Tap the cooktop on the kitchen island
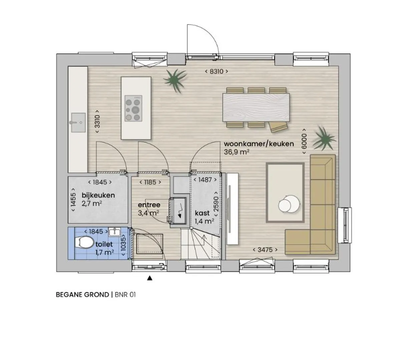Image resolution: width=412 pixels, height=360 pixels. (x=133, y=108)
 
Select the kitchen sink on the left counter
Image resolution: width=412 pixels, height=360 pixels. (x=78, y=123)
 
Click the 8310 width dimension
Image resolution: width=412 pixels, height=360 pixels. (x=217, y=71)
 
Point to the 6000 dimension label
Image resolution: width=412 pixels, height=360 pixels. (x=304, y=141)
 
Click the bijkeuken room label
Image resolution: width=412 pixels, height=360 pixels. (x=98, y=195)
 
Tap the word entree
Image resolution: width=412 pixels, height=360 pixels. (x=149, y=205)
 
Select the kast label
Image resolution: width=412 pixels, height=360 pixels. (x=202, y=213)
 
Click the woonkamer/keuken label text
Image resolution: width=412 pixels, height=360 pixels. (x=259, y=144)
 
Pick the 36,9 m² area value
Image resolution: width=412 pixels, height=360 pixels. (x=237, y=152)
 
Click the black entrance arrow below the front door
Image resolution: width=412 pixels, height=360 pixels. (x=149, y=278)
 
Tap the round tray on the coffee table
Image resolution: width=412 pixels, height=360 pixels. (x=289, y=204)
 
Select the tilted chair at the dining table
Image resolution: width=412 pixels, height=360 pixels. (x=279, y=127)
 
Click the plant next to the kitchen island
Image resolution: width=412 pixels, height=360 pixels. (x=175, y=80)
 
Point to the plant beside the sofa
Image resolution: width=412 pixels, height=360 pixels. (x=324, y=138)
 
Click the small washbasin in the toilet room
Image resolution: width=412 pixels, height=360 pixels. (x=114, y=232)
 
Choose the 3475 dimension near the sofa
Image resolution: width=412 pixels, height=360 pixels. (x=265, y=250)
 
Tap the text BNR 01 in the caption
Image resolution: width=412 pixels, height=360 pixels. (x=125, y=295)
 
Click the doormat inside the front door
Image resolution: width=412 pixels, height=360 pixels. (x=150, y=244)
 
